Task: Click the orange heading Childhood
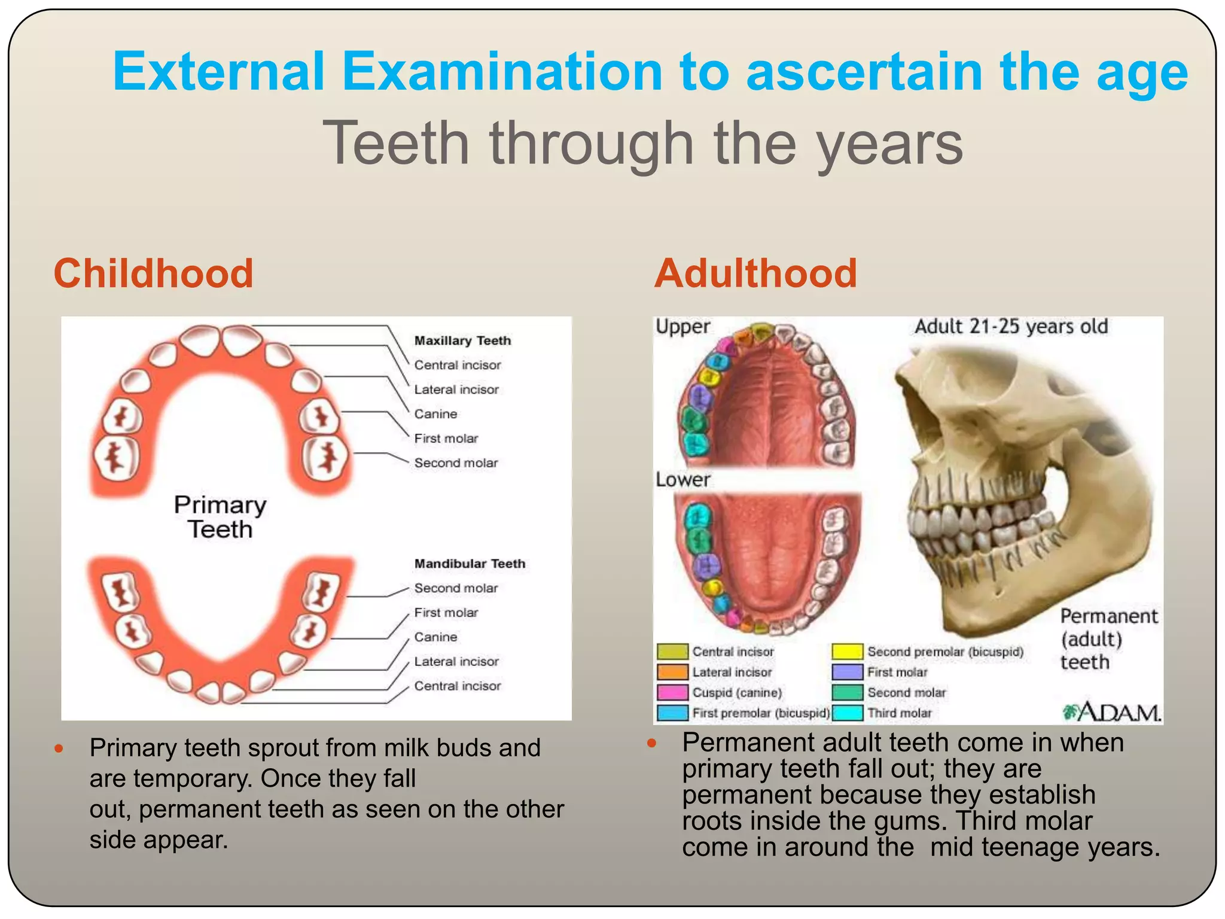(x=153, y=273)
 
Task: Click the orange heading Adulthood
(x=755, y=273)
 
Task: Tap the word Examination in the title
(x=501, y=72)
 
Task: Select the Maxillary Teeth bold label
(x=462, y=340)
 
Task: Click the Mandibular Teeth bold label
(x=470, y=564)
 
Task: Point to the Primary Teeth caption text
(x=220, y=517)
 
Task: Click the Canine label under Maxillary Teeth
(x=435, y=414)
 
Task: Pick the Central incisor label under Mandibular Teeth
(x=457, y=686)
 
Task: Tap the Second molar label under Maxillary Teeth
(x=456, y=463)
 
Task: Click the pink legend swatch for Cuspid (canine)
(x=672, y=692)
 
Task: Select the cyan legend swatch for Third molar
(x=847, y=713)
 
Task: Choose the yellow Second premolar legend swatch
(x=847, y=652)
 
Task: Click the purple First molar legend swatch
(x=847, y=672)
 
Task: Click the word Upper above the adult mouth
(x=682, y=327)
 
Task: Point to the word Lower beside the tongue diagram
(x=682, y=480)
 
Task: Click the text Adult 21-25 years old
(x=1011, y=327)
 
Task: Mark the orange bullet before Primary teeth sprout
(x=59, y=748)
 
